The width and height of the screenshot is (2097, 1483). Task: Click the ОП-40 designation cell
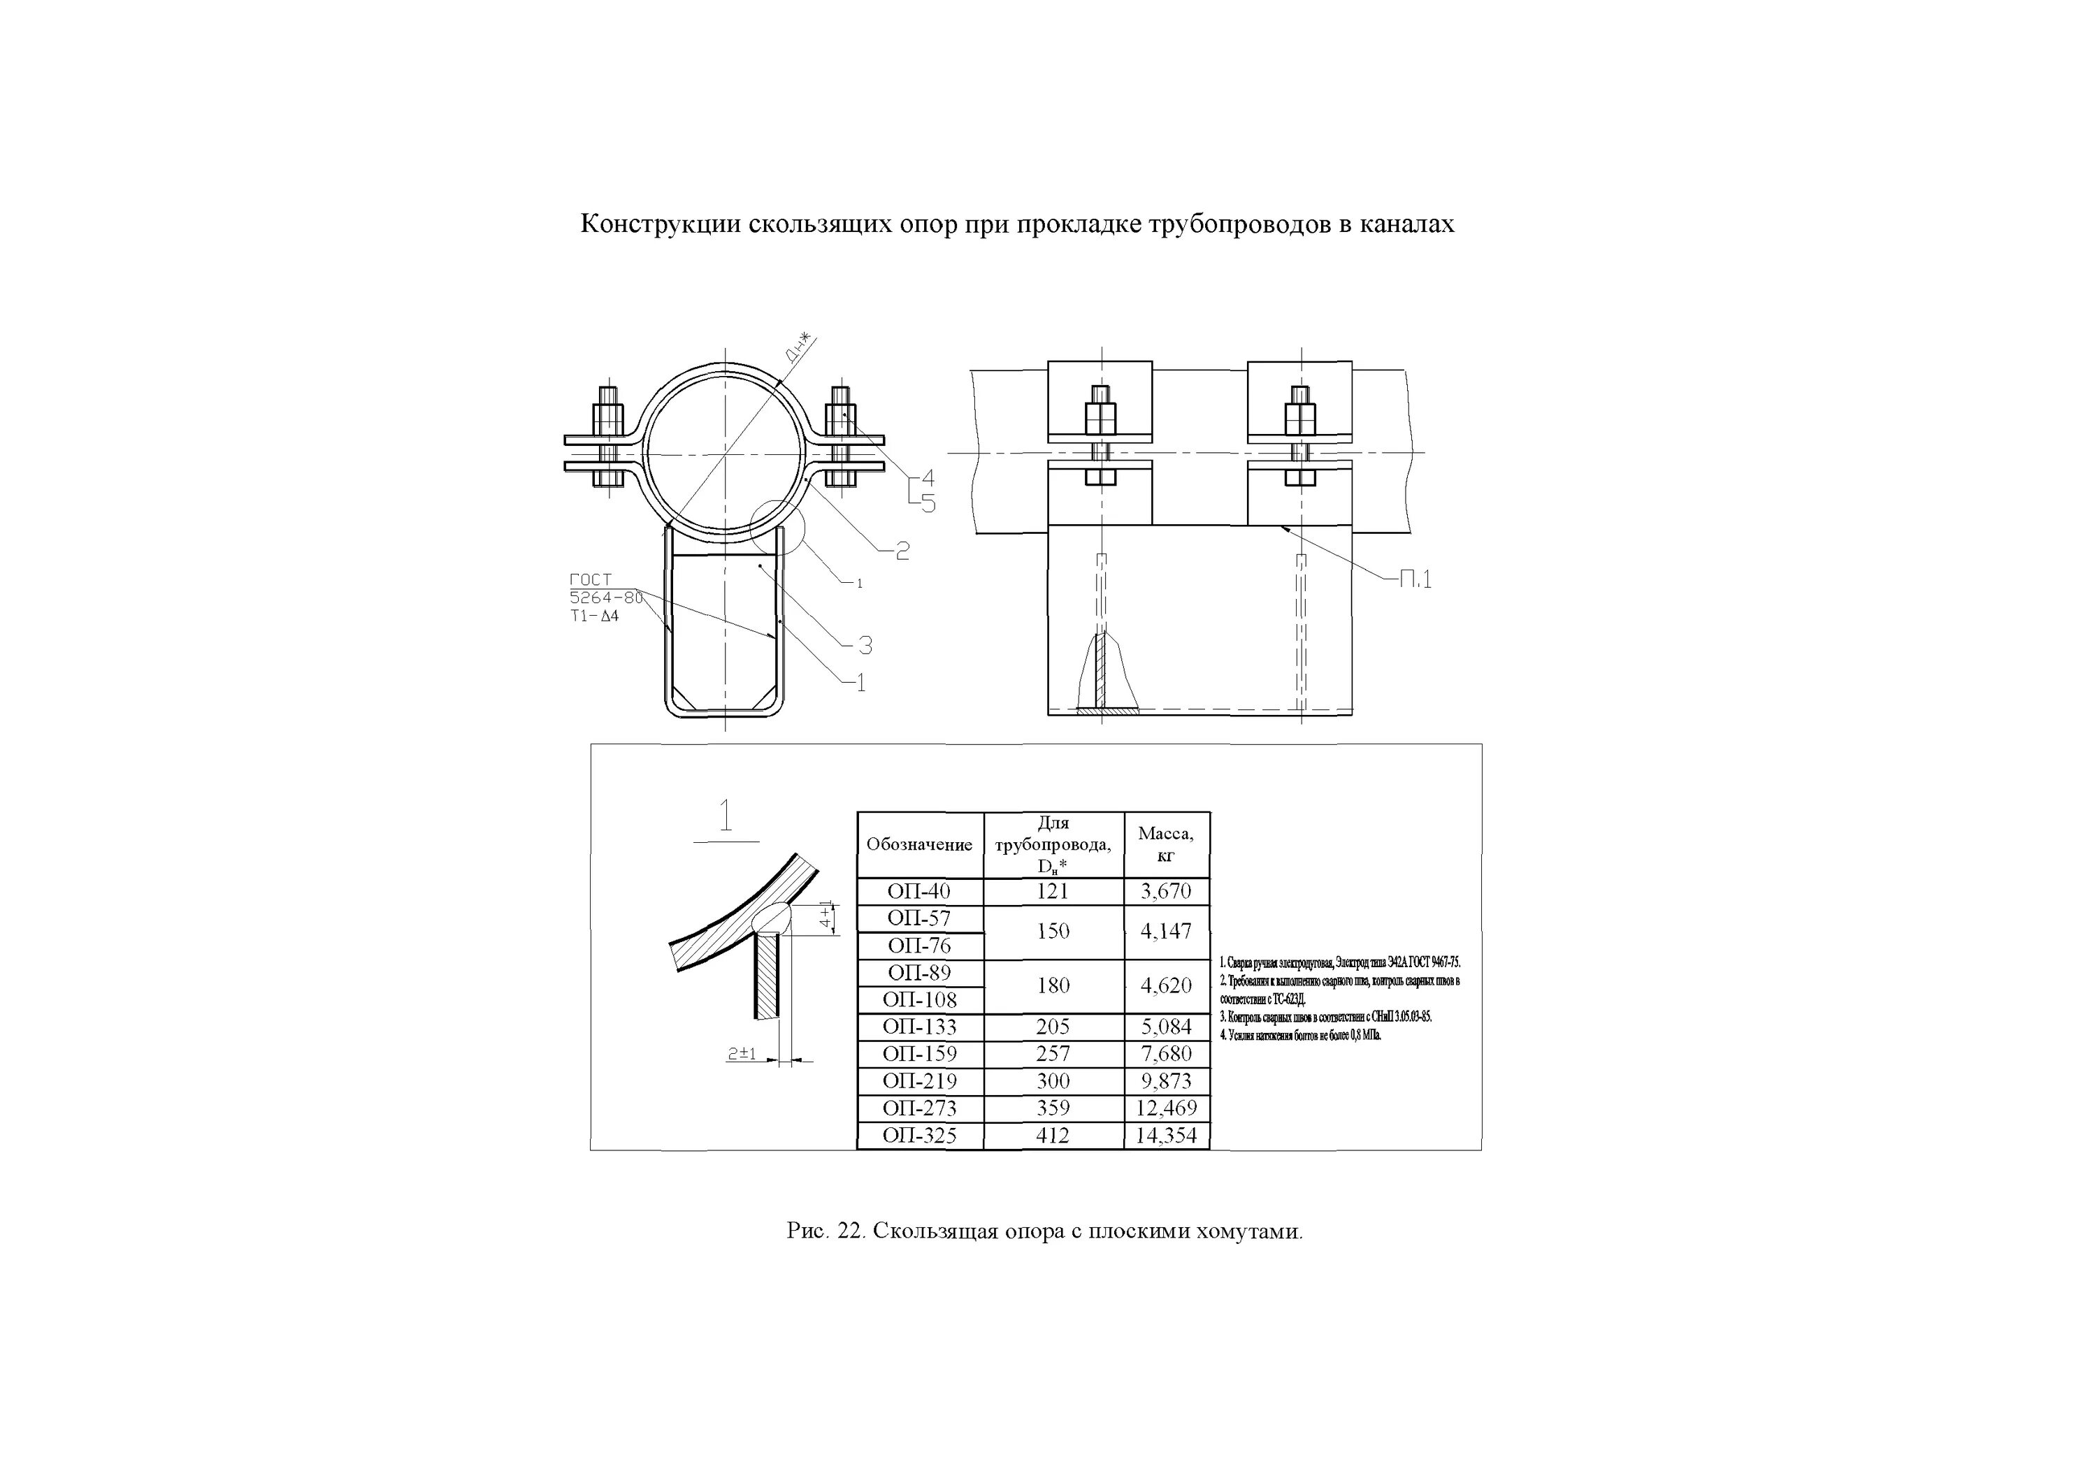[918, 891]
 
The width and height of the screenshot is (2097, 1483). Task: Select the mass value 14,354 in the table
[1167, 1136]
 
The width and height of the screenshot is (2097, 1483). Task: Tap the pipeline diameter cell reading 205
[1053, 1027]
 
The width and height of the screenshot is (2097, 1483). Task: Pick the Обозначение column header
[918, 845]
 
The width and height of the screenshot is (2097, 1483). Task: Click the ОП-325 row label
[918, 1136]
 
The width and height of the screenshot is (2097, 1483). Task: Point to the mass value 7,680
[1167, 1054]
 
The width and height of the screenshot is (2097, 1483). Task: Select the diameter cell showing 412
[1053, 1136]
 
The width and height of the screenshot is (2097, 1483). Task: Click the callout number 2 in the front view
[902, 551]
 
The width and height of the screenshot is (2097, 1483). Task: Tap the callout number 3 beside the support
[865, 646]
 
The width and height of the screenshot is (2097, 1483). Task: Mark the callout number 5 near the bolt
[928, 503]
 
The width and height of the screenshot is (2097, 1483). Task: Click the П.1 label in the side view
[1415, 579]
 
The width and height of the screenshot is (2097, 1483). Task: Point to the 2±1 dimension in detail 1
[741, 1054]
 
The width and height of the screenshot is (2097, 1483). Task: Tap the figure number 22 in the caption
[850, 1231]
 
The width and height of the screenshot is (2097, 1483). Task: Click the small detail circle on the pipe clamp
[777, 528]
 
